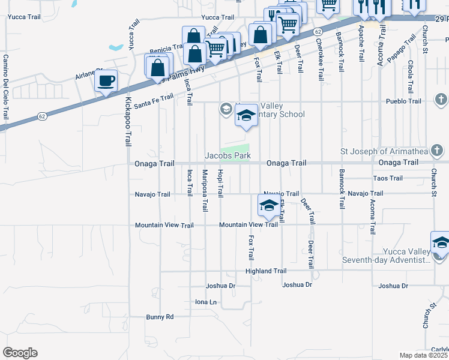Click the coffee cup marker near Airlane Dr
[x=107, y=81]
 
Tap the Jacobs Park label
[x=228, y=155]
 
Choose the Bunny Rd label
[x=160, y=316]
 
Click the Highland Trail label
[x=266, y=271]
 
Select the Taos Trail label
[x=388, y=178]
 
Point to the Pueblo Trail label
[x=403, y=101]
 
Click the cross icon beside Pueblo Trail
[x=441, y=99]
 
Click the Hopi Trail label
[x=220, y=183]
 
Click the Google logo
[x=20, y=353]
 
